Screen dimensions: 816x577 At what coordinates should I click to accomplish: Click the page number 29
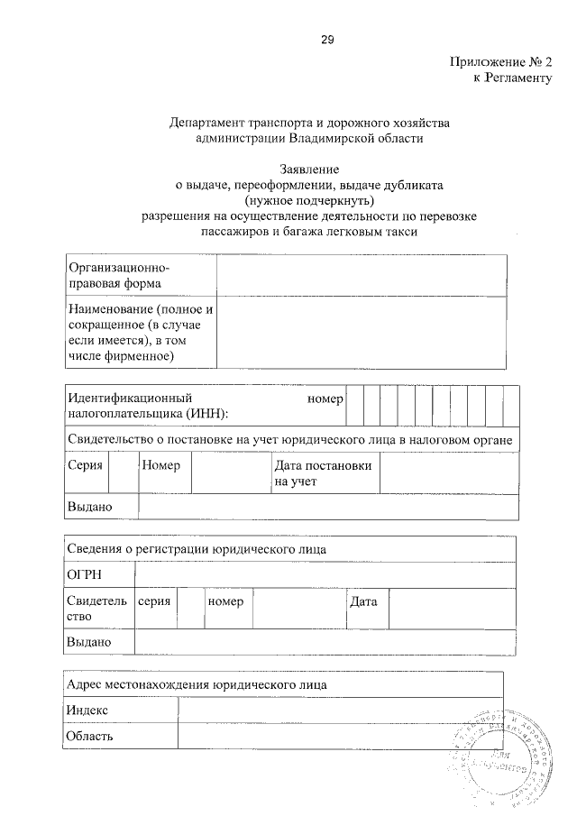click(327, 38)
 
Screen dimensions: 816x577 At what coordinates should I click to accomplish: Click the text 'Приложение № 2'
click(499, 63)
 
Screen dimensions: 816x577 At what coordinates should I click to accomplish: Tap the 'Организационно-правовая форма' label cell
click(141, 276)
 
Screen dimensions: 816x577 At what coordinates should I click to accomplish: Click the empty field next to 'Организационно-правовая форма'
click(361, 276)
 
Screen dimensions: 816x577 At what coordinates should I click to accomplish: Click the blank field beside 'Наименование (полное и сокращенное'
click(361, 334)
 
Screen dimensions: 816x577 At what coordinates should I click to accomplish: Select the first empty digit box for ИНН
click(354, 406)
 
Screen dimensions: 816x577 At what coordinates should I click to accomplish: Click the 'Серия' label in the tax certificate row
click(85, 466)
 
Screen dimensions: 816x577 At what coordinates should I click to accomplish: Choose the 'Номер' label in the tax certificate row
click(161, 466)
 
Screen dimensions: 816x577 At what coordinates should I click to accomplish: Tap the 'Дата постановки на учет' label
click(323, 473)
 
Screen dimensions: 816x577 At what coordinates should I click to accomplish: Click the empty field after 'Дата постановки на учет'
click(448, 473)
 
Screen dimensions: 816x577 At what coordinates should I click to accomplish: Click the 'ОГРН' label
click(84, 574)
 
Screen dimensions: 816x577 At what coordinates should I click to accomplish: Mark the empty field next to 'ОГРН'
click(325, 574)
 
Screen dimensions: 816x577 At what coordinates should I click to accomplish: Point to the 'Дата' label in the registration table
click(363, 601)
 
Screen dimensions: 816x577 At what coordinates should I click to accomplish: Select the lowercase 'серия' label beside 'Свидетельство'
click(154, 601)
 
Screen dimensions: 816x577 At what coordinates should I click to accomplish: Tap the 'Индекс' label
click(88, 711)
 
